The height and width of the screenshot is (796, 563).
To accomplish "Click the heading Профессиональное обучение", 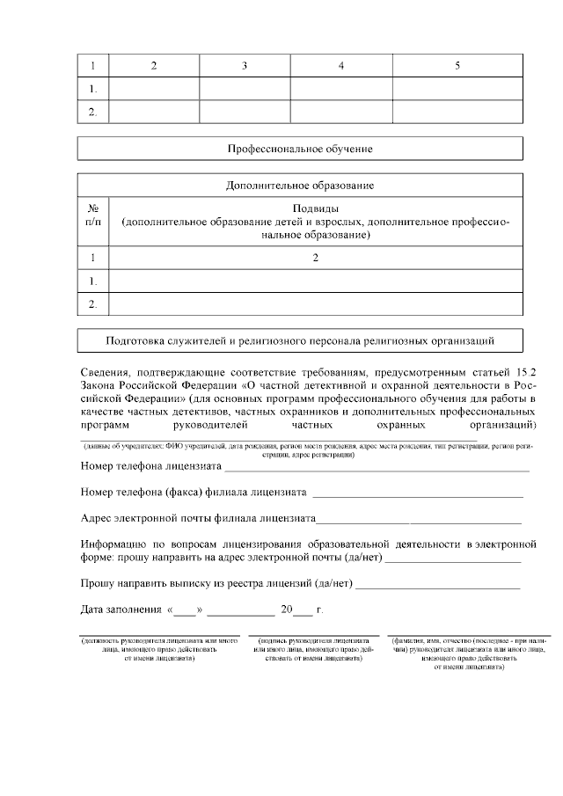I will pos(300,149).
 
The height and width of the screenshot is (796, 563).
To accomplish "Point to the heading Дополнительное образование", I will pos(300,186).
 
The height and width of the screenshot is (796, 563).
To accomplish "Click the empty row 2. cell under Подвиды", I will pos(315,303).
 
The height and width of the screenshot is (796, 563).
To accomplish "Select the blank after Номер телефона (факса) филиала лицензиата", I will pos(417,493).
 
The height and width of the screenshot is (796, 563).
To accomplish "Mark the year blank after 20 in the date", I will pos(302,611).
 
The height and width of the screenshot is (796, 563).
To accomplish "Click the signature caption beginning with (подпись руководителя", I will pos(314,650).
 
